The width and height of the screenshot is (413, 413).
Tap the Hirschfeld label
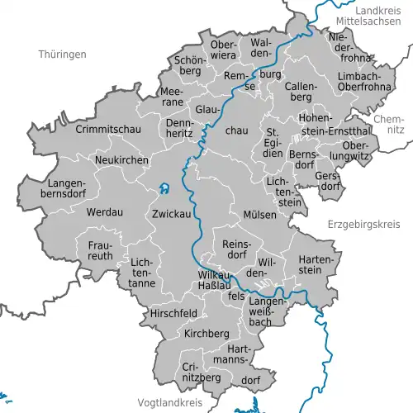click(x=173, y=314)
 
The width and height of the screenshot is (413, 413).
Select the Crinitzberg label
click(x=202, y=371)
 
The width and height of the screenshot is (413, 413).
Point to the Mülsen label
click(x=259, y=214)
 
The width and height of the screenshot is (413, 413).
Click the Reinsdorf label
click(x=236, y=249)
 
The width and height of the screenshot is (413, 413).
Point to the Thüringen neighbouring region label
click(x=62, y=54)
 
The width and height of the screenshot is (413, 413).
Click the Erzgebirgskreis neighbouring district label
click(x=363, y=223)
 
